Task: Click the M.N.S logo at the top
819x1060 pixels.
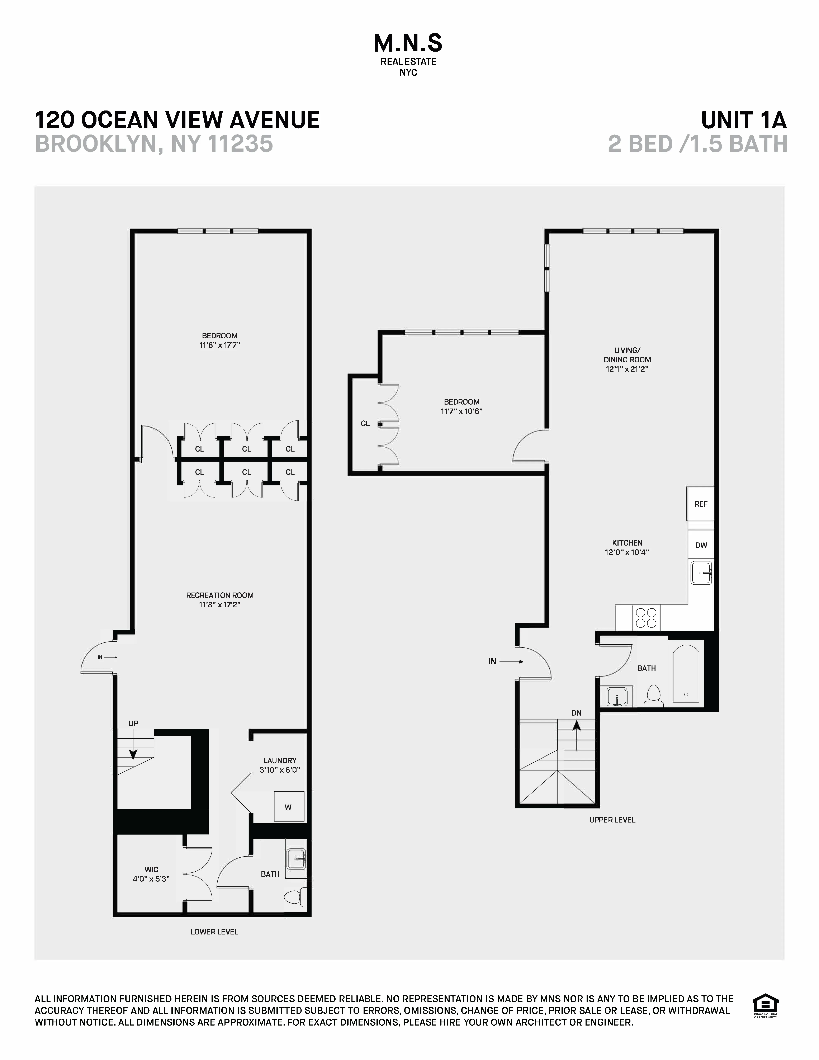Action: (408, 44)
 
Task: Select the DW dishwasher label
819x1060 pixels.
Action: (701, 545)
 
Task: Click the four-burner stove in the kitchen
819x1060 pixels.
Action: (646, 618)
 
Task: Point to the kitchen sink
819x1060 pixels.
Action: (701, 573)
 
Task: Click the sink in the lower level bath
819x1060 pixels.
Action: (295, 859)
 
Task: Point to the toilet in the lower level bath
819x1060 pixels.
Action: (294, 897)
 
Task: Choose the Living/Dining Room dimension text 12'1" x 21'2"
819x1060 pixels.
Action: (627, 369)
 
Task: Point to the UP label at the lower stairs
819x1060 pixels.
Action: (133, 723)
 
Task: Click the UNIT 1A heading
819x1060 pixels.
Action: (743, 120)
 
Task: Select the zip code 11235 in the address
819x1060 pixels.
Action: (241, 144)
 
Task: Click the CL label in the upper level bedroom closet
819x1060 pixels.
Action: (365, 424)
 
